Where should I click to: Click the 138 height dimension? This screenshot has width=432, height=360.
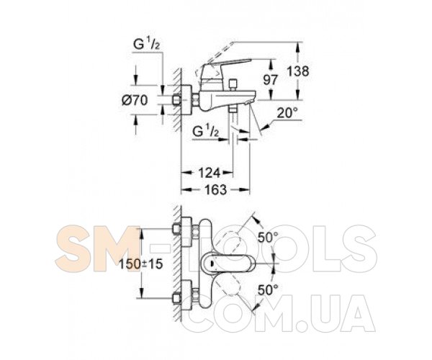pyautogui.click(x=298, y=71)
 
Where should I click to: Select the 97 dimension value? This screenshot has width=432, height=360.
pyautogui.click(x=271, y=80)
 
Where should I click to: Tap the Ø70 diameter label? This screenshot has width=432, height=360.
pyautogui.click(x=135, y=100)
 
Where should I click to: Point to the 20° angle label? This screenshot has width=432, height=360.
pyautogui.click(x=287, y=113)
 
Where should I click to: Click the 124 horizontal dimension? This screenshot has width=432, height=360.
pyautogui.click(x=210, y=173)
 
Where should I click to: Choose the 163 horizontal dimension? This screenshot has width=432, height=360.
pyautogui.click(x=216, y=190)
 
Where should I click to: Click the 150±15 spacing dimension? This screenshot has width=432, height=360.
pyautogui.click(x=141, y=264)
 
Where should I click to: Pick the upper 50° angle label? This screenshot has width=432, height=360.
pyautogui.click(x=268, y=237)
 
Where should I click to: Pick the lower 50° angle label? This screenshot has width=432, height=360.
pyautogui.click(x=268, y=289)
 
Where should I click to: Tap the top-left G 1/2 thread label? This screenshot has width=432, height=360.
pyautogui.click(x=147, y=44)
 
